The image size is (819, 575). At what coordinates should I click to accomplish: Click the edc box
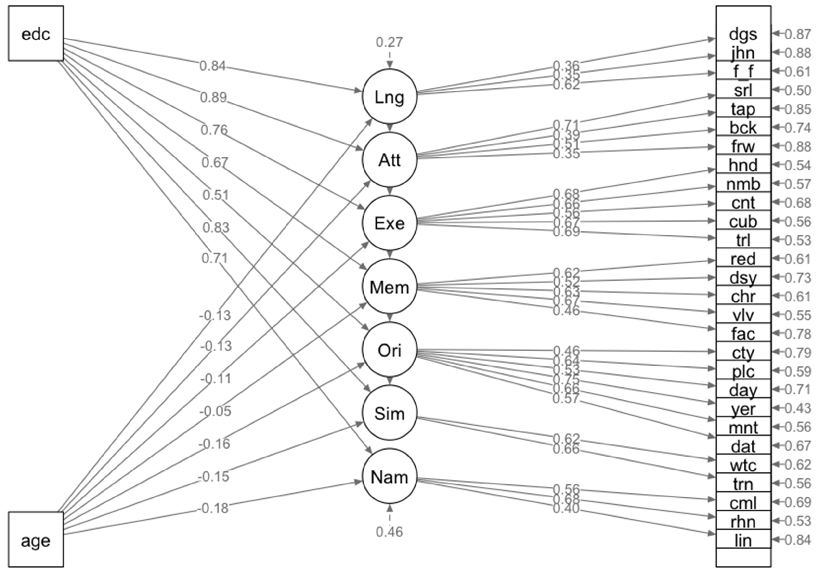36,34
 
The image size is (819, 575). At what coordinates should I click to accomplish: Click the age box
36,540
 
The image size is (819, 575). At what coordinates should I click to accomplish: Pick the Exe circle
389,223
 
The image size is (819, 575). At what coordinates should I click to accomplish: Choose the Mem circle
389,287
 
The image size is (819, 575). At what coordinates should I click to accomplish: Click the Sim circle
389,413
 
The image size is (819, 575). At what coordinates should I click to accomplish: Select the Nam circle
389,477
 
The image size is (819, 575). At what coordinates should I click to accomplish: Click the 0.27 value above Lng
389,42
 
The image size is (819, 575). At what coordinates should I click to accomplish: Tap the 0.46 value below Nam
389,532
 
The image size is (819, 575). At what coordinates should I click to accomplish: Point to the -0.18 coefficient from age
213,508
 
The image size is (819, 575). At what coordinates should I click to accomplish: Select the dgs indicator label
743,34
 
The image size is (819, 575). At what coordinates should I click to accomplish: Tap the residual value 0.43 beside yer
798,408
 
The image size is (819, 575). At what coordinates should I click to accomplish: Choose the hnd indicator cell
743,165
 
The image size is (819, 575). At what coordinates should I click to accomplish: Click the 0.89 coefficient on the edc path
213,97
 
